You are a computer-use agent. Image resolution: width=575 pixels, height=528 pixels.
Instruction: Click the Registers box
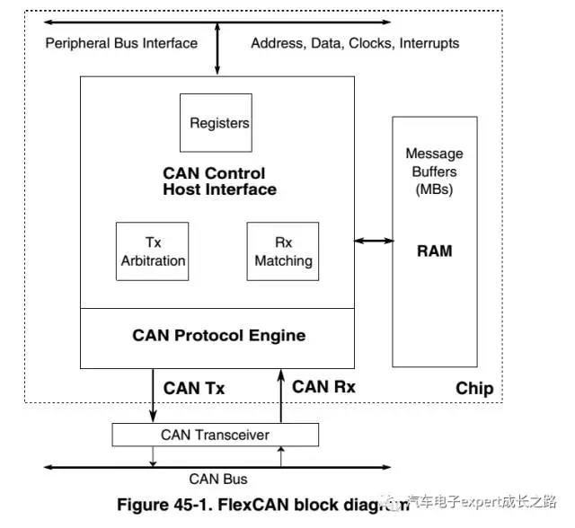tap(219, 123)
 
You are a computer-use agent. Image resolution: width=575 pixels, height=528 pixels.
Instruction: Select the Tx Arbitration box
tap(153, 251)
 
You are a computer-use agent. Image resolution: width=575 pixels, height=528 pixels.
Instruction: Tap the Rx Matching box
tap(283, 251)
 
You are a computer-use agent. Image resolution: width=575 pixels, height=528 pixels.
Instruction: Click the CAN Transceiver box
tap(215, 435)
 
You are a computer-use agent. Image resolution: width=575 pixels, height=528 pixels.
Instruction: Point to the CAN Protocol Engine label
tap(219, 336)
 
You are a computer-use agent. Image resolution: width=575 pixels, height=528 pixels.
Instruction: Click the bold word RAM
tap(434, 251)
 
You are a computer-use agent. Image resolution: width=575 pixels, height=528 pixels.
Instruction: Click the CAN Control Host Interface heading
tap(219, 181)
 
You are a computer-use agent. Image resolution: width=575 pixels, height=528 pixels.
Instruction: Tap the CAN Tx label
tap(194, 389)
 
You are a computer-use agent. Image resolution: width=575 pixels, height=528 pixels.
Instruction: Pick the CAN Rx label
tap(323, 387)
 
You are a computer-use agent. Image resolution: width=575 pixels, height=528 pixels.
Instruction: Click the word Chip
tap(474, 389)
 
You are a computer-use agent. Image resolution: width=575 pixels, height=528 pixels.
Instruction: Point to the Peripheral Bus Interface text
tap(120, 43)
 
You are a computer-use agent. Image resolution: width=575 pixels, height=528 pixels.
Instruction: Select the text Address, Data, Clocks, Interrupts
tap(355, 43)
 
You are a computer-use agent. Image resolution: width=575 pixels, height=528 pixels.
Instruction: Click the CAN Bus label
tap(218, 479)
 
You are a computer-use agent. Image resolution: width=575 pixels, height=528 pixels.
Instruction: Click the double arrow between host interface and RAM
tap(374, 240)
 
